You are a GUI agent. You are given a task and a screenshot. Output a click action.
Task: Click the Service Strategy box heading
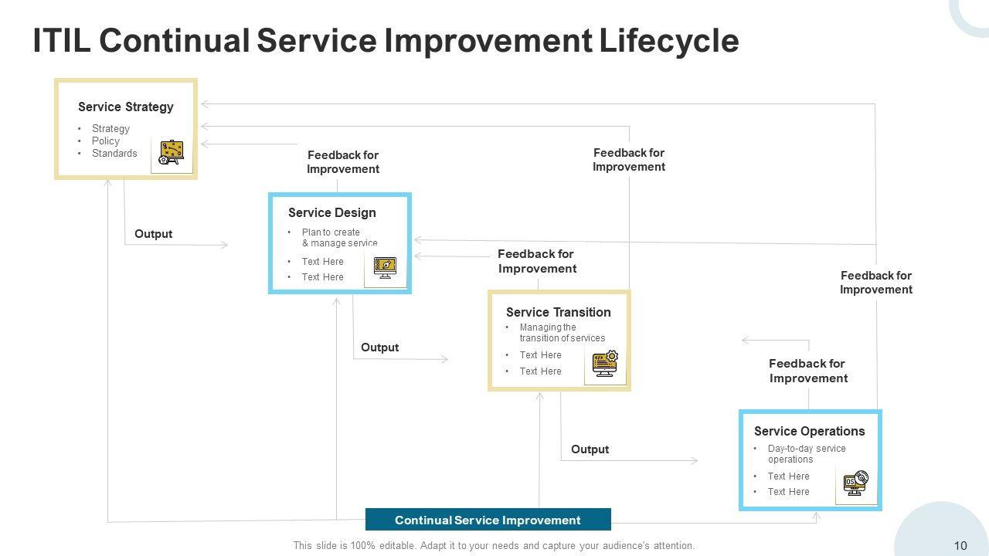pyautogui.click(x=125, y=107)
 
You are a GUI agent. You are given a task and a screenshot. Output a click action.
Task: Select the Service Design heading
pyautogui.click(x=331, y=212)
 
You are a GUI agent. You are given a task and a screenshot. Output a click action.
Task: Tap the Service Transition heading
pyautogui.click(x=558, y=312)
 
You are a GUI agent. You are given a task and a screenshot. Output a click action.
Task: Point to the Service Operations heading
pyautogui.click(x=809, y=431)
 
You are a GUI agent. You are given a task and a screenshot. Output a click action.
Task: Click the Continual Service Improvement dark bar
pyautogui.click(x=488, y=520)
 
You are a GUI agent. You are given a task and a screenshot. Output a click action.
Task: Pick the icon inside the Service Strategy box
pyautogui.click(x=171, y=152)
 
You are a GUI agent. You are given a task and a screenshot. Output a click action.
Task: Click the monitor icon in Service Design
pyautogui.click(x=385, y=267)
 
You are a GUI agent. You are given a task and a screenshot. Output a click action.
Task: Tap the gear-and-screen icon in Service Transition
pyautogui.click(x=605, y=363)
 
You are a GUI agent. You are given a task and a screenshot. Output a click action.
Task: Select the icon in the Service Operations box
pyautogui.click(x=855, y=483)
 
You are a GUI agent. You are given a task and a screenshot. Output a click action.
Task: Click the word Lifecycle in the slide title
pyautogui.click(x=668, y=40)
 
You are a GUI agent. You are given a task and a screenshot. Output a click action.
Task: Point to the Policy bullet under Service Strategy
pyautogui.click(x=106, y=141)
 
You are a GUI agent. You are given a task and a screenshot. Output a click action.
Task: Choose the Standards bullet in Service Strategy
pyautogui.click(x=114, y=153)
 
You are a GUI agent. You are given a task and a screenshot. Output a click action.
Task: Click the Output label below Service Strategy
pyautogui.click(x=153, y=233)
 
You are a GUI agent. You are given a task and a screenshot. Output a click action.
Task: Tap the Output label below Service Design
pyautogui.click(x=379, y=347)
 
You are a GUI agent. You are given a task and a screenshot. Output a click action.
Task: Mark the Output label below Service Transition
pyautogui.click(x=590, y=449)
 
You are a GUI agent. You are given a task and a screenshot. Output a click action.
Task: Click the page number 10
pyautogui.click(x=960, y=545)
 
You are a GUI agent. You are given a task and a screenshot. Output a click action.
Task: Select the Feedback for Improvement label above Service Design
pyautogui.click(x=343, y=162)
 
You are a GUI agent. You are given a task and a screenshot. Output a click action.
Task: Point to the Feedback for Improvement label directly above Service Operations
pyautogui.click(x=808, y=371)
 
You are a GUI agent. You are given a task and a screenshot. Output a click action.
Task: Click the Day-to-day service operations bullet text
pyautogui.click(x=806, y=454)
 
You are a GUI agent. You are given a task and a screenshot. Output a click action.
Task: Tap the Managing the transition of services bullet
pyautogui.click(x=562, y=333)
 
